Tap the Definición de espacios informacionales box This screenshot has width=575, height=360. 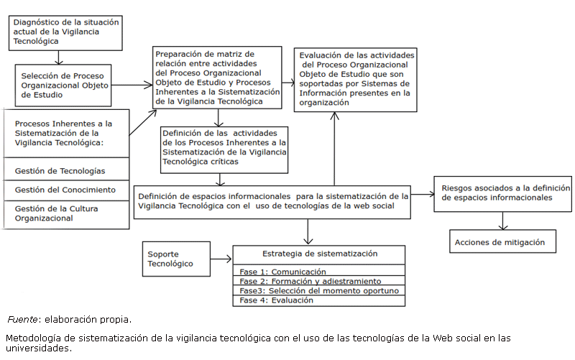point(273,200)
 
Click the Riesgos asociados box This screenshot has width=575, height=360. point(502,193)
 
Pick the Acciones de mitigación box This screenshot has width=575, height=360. point(503,242)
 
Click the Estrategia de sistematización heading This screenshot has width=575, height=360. point(319,254)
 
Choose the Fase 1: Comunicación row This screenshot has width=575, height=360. point(319,272)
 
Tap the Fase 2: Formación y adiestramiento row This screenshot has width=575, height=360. point(319,281)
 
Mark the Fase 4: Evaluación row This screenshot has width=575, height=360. point(319,300)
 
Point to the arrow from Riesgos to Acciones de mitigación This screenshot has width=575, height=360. point(503,221)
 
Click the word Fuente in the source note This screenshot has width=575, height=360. point(23,319)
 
